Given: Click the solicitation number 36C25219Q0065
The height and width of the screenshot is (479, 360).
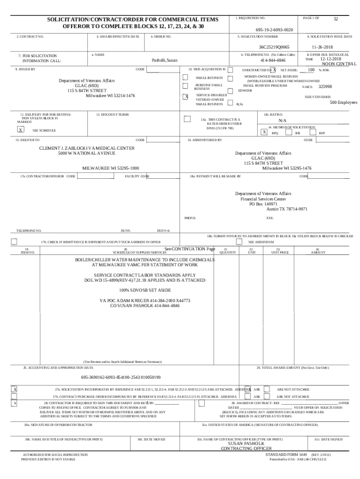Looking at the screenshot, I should pyautogui.click(x=274, y=47).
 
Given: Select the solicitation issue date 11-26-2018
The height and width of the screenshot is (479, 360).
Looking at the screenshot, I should pyautogui.click(x=322, y=47).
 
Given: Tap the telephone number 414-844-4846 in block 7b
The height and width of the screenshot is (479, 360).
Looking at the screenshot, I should pyautogui.click(x=273, y=60).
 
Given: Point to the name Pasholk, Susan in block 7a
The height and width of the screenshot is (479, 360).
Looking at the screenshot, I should pyautogui.click(x=165, y=60).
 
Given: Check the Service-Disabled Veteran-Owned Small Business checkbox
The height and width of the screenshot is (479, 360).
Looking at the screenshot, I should pyautogui.click(x=186, y=97).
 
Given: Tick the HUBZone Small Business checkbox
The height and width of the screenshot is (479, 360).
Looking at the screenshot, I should pyautogui.click(x=186, y=86).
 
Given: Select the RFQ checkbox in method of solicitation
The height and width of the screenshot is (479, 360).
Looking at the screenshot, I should pyautogui.click(x=265, y=132).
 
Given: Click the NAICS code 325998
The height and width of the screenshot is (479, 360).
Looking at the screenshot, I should pyautogui.click(x=325, y=87).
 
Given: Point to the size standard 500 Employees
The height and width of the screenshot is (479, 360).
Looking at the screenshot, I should pyautogui.click(x=343, y=102).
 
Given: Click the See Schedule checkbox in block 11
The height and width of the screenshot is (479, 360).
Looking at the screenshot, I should pyautogui.click(x=21, y=130).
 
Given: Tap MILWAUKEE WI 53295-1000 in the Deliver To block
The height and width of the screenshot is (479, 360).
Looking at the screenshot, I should pyautogui.click(x=111, y=168).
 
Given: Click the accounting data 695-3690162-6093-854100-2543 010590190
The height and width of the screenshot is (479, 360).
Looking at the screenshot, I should pyautogui.click(x=121, y=377).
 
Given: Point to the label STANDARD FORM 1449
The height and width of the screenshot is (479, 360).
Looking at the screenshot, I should pyautogui.click(x=286, y=454).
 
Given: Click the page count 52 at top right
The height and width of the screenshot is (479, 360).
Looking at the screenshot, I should pyautogui.click(x=335, y=19).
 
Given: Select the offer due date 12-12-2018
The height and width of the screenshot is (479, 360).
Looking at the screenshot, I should pyautogui.click(x=331, y=59).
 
